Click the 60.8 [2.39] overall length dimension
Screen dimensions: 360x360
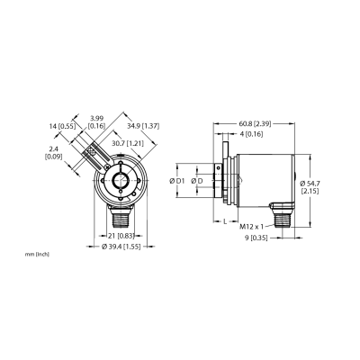255,123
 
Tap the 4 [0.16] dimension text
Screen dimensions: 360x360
252,134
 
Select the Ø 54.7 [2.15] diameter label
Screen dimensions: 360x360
310,187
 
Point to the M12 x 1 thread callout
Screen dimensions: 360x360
251,227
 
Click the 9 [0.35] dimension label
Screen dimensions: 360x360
256,238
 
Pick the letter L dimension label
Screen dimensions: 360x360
225,221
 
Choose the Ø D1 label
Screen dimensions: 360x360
176,181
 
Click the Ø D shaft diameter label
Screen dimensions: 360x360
197,181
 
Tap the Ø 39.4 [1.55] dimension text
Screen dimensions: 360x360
121,247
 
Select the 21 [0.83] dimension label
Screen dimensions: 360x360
121,236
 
